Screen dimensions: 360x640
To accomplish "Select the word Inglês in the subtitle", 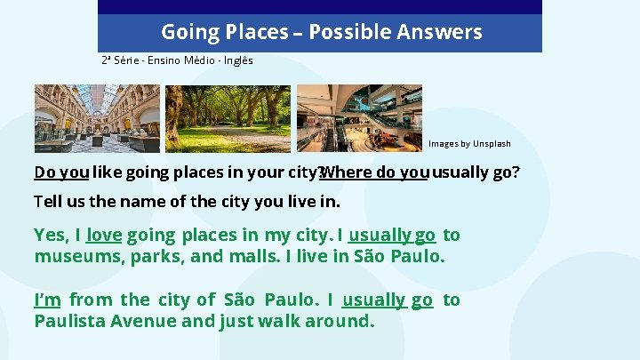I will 237,60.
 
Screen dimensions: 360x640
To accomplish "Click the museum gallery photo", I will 97,118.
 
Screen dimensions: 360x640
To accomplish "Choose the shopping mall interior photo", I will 359,118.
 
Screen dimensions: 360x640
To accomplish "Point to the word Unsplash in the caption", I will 492,143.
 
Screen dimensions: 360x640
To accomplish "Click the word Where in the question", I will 348,172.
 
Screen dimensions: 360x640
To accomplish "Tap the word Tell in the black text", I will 50,202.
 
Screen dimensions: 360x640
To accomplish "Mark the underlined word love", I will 104,236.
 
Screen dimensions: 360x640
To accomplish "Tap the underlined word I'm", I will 47,300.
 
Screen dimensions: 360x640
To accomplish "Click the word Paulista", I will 68,321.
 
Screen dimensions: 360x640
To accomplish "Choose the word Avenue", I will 143,321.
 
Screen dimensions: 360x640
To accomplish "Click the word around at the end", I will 340,321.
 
